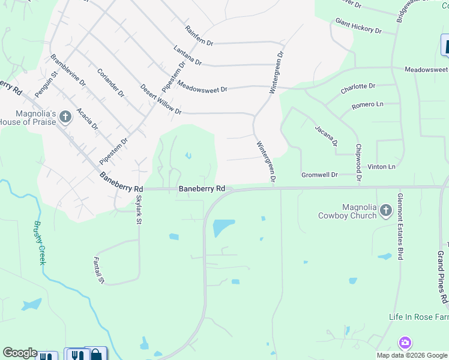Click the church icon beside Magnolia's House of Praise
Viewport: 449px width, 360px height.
point(65,118)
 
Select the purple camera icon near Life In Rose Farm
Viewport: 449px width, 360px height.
point(405,343)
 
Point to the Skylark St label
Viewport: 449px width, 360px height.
point(139,209)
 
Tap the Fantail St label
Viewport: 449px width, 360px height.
point(98,271)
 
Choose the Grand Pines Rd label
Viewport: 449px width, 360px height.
point(442,277)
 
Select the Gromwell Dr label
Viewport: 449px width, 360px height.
point(319,175)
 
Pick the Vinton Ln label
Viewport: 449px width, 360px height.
point(382,166)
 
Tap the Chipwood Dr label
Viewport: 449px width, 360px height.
point(358,163)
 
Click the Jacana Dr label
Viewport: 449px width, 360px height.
point(326,136)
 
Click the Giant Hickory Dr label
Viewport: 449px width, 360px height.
point(358,26)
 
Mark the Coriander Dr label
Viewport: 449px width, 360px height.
point(110,82)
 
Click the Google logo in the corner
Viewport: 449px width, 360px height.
point(20,353)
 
